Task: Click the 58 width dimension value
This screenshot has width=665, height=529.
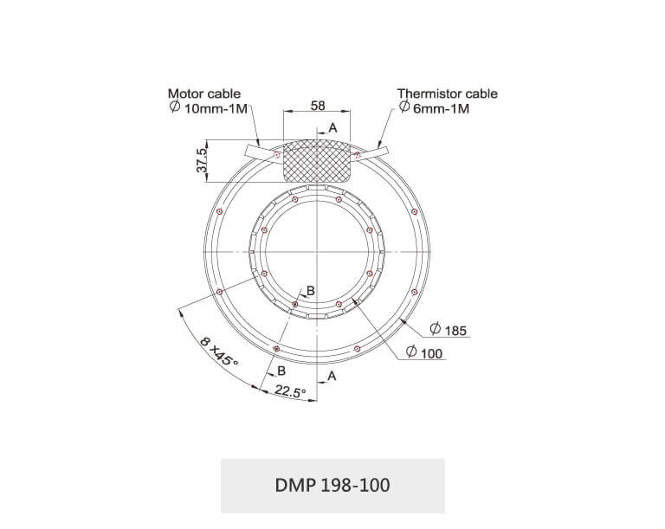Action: pos(318,106)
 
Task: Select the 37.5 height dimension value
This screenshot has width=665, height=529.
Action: pos(203,160)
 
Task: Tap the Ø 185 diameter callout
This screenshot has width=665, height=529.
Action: pos(449,330)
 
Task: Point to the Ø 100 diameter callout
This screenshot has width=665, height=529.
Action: pos(424,352)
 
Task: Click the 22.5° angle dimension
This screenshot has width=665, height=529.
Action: pos(291,391)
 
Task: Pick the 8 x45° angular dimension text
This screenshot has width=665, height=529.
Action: pos(219,352)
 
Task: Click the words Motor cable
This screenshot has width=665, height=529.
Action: pos(204,94)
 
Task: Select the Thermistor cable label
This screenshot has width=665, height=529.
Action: pos(448,94)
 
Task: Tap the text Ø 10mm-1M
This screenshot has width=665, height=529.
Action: pos(208,107)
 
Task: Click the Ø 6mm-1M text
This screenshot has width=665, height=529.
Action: pos(435,108)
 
